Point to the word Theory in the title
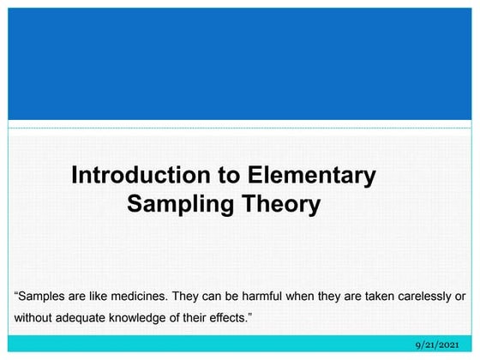[x=279, y=205]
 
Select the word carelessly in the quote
[x=420, y=296]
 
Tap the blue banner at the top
[x=240, y=64]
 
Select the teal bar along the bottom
[x=214, y=344]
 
